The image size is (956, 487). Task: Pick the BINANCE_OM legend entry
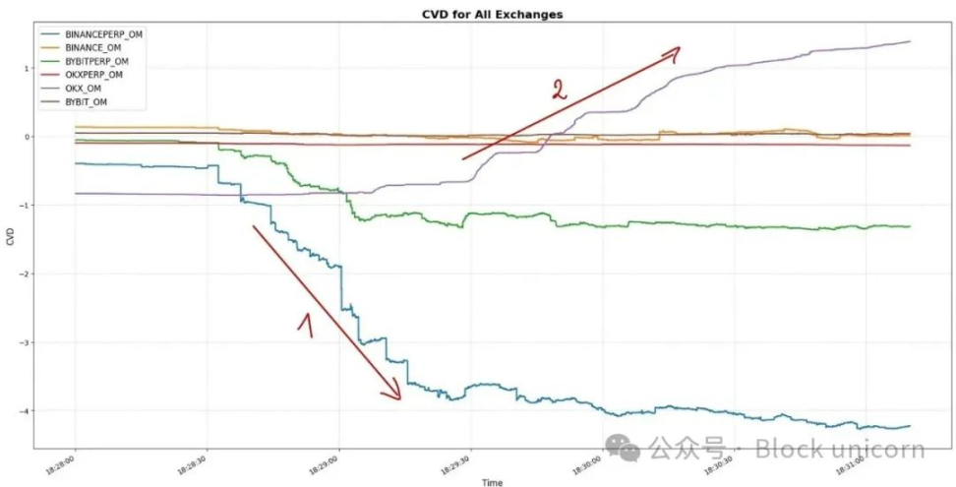pos(92,46)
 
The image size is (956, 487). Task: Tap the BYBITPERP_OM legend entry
pos(96,60)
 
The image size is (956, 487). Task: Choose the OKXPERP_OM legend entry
pos(93,74)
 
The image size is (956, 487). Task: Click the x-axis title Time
pos(493,481)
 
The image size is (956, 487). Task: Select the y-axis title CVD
pos(9,239)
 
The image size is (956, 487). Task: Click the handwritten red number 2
pos(559,90)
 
